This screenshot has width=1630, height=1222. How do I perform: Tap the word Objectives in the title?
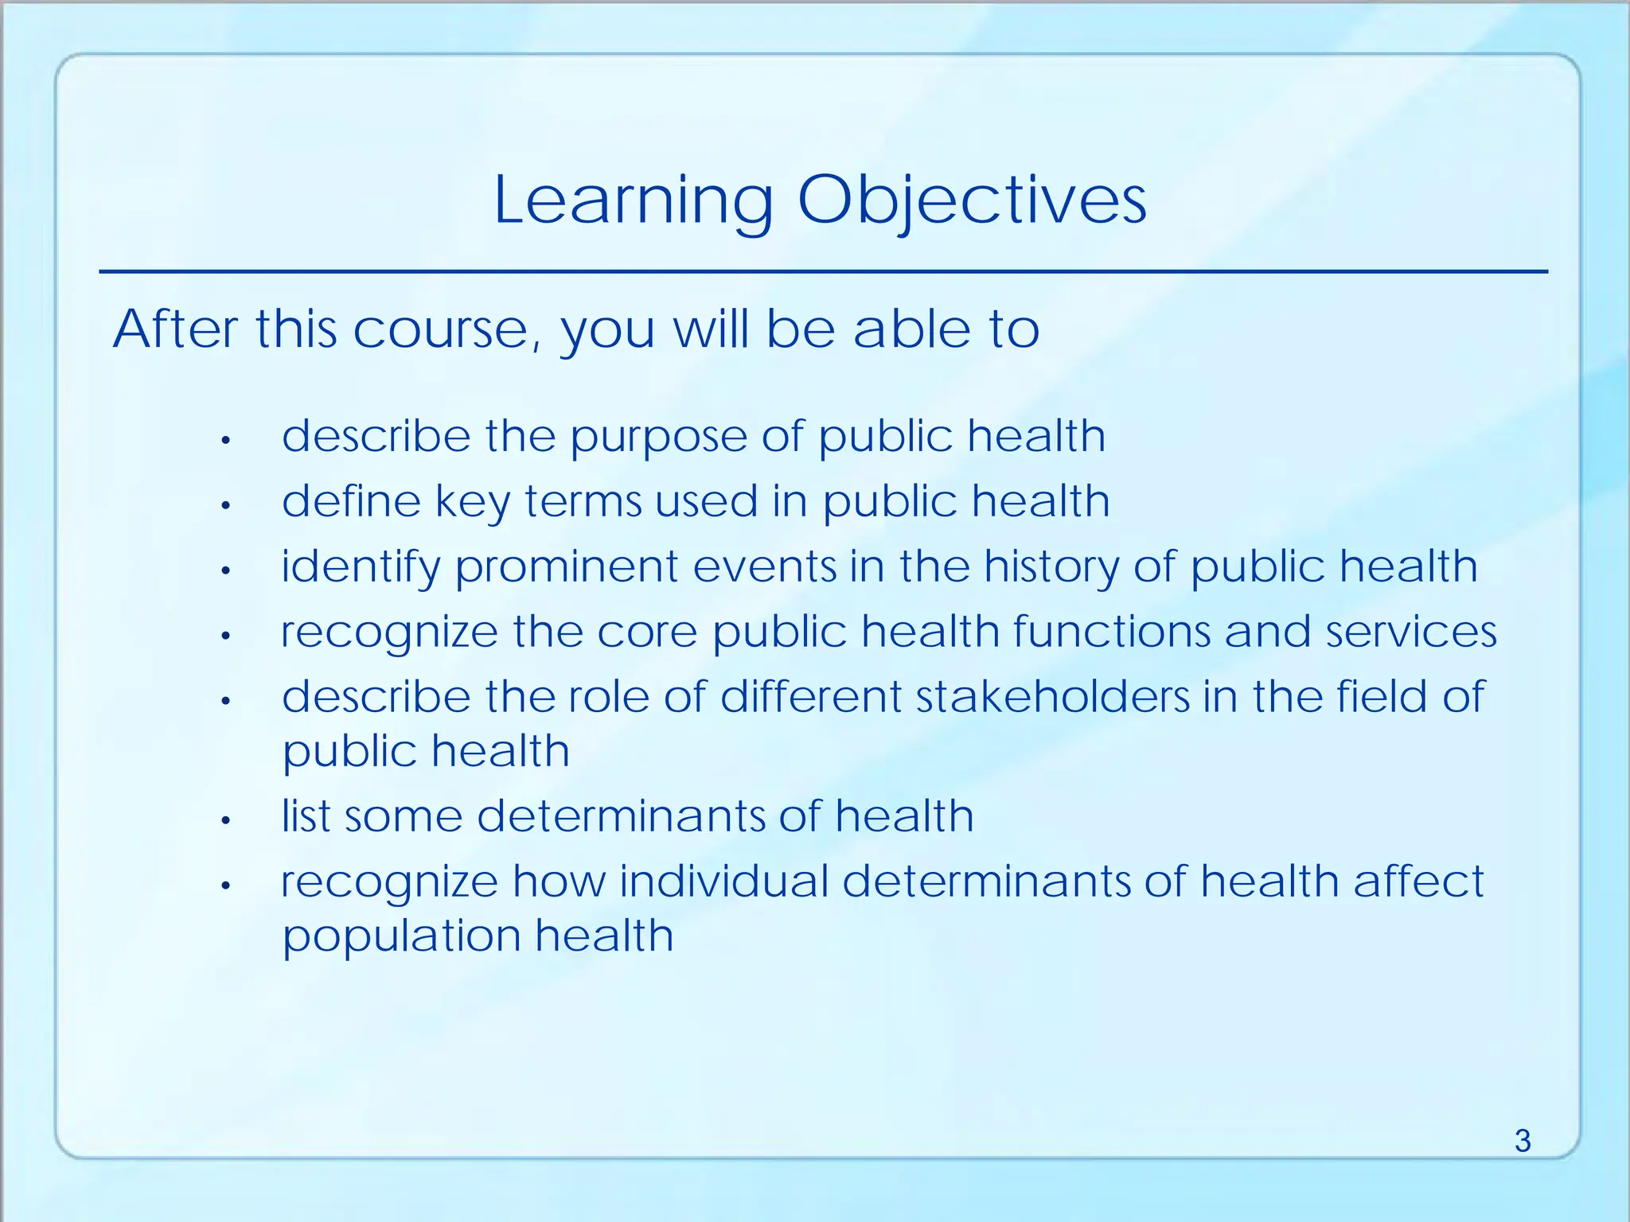point(972,201)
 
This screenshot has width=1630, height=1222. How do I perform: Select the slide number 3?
point(1522,1141)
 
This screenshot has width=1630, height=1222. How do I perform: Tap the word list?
point(306,816)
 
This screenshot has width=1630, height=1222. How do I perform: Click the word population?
point(401,936)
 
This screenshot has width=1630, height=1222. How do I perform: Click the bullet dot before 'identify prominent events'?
point(226,570)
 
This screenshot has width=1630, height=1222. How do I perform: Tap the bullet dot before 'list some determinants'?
point(226,820)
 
